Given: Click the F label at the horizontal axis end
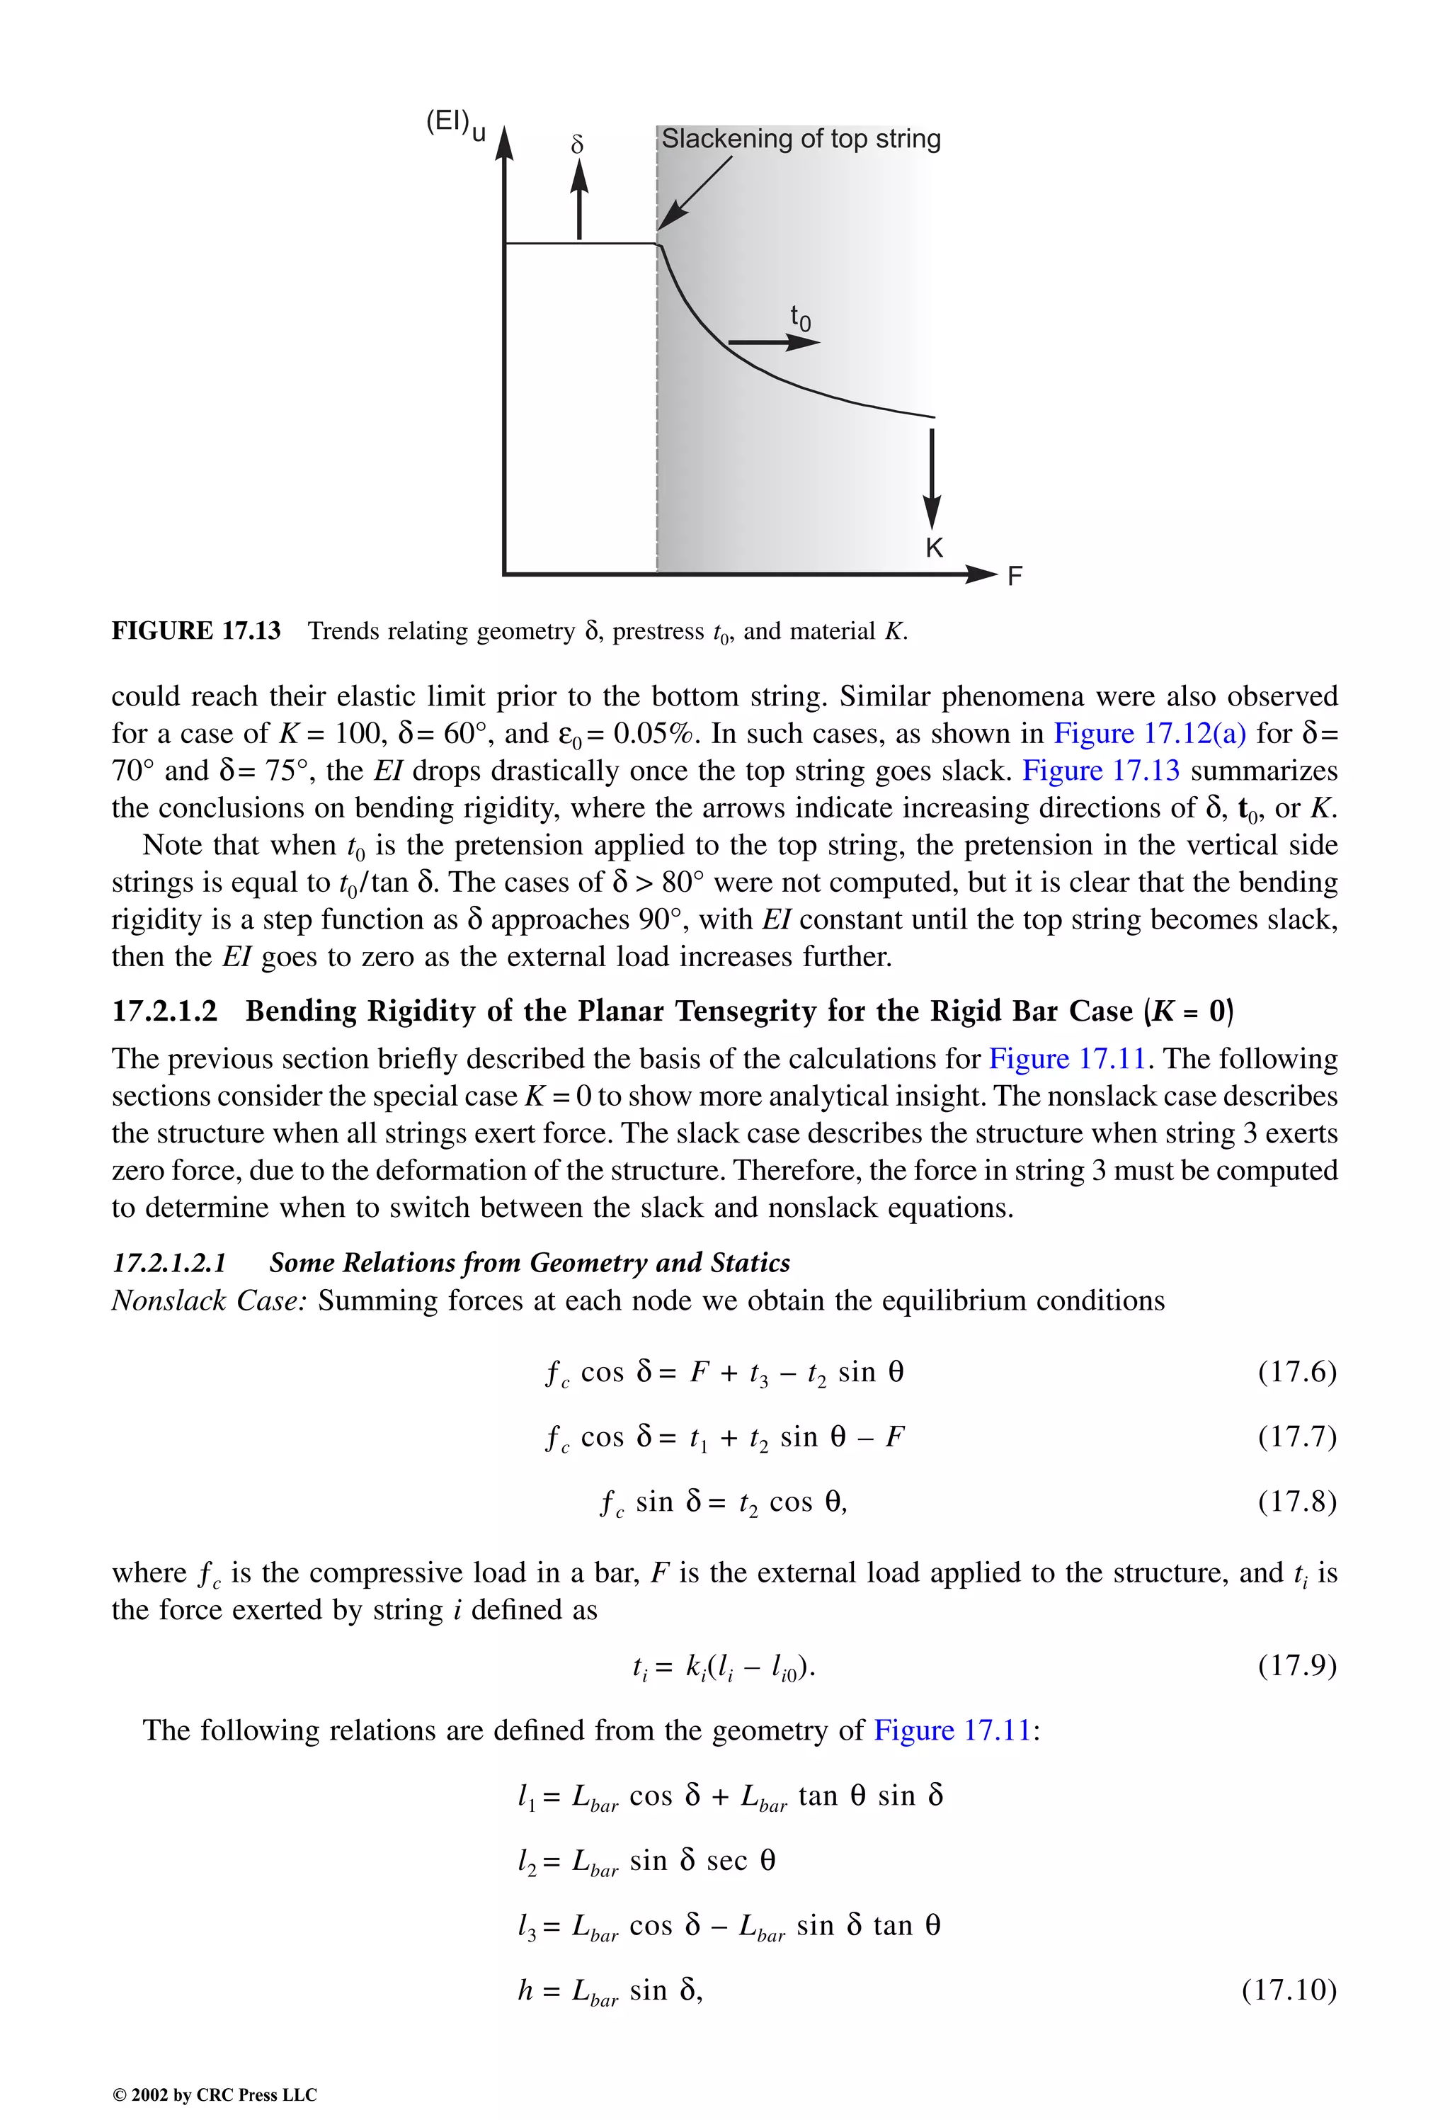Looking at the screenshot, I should coord(1014,577).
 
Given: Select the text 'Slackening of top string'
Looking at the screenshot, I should coord(800,139).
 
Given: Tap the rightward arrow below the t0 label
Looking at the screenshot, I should coord(773,342).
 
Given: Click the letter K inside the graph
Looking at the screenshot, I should coord(934,548).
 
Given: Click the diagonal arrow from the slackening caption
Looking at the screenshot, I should coord(695,193).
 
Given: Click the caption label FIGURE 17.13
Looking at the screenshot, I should coord(196,631).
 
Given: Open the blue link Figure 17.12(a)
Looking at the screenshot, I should coord(1149,733).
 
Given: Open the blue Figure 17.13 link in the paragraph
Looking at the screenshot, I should coord(1100,771).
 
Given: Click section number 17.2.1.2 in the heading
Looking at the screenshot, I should coord(164,1011).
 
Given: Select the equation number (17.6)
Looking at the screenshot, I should coord(1296,1372).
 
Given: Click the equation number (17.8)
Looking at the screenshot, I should coord(1296,1502).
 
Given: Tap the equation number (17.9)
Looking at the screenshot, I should coord(1296,1666).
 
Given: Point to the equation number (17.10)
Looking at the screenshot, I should coord(1288,1990).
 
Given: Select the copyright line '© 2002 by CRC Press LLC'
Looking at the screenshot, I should coord(215,2095).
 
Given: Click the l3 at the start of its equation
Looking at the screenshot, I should coord(526,1926).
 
